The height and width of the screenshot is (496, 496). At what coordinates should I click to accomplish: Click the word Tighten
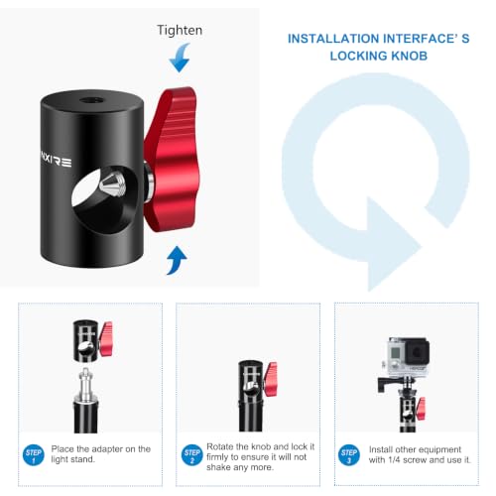pos(180,31)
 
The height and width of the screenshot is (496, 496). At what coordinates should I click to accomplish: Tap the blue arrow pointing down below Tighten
pos(180,59)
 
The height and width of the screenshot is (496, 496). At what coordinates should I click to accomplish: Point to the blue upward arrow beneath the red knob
pos(177,261)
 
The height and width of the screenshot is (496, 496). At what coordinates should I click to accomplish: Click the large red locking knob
pos(171,160)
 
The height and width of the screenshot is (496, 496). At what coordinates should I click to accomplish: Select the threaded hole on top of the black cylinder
pos(90,99)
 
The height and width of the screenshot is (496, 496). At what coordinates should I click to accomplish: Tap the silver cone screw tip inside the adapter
pos(113,184)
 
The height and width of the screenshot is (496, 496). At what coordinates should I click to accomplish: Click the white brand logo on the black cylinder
pos(56,161)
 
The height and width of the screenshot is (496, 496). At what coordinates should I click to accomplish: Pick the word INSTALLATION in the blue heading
pos(333,39)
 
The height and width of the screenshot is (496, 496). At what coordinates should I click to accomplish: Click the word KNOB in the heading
pos(409,56)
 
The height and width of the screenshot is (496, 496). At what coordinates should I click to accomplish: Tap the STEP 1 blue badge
pos(33,455)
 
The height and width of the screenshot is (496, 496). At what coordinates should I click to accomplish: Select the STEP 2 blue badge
pos(191,455)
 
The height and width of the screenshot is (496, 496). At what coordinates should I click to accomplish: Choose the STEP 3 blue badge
pos(349,455)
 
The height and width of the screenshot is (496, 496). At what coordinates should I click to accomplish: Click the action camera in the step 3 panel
pos(408,357)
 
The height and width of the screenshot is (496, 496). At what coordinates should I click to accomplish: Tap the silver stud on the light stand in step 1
pos(86,385)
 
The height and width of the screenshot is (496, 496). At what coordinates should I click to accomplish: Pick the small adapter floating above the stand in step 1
pos(92,340)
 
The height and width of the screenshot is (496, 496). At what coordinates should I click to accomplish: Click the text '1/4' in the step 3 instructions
pos(394,460)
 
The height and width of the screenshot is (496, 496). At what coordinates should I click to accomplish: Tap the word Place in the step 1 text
pos(62,449)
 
